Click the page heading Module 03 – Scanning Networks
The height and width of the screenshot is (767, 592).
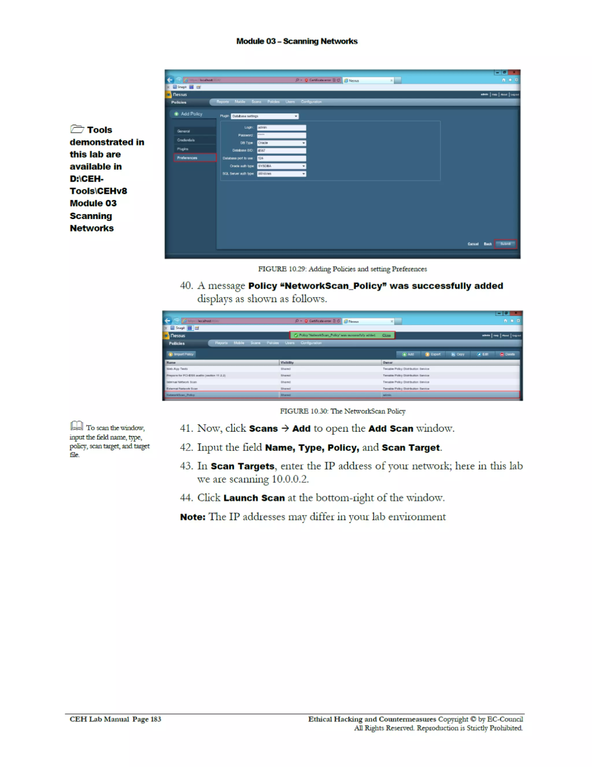tap(297, 41)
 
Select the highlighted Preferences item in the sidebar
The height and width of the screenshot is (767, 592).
tap(195, 158)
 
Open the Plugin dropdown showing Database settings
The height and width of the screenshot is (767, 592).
tap(264, 116)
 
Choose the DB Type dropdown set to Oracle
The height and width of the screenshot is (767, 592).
tap(282, 143)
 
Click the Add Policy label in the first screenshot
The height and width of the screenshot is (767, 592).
tap(191, 114)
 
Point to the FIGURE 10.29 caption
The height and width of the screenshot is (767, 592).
tap(342, 269)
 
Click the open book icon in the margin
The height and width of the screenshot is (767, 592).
tap(77, 426)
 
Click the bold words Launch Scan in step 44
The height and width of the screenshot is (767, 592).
tap(254, 498)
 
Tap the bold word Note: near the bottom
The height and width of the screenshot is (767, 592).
tap(192, 517)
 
